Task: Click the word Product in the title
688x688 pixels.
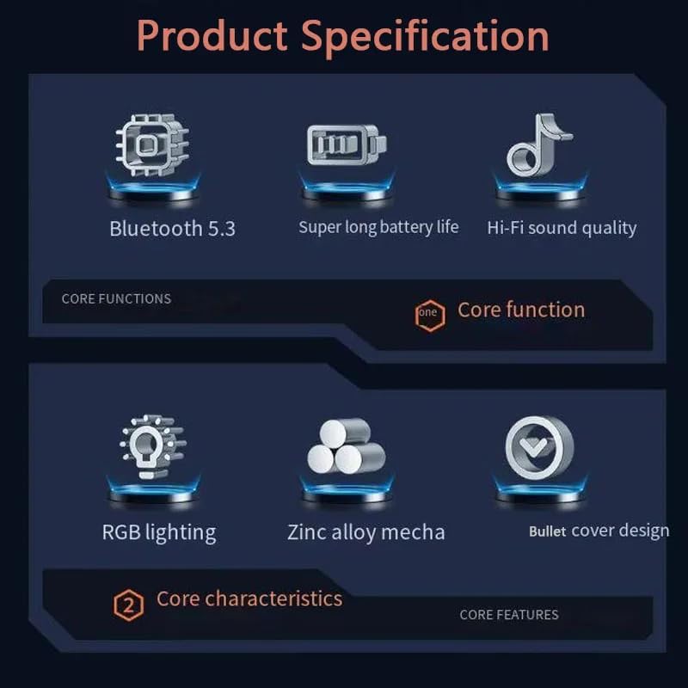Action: (212, 36)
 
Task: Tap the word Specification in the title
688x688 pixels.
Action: (426, 36)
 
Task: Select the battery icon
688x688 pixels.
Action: (346, 144)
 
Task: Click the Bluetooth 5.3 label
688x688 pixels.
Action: (172, 229)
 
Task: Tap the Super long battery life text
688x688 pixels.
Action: (378, 227)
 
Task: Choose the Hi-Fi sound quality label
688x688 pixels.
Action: (562, 228)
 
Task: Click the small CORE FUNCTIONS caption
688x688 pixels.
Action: (116, 299)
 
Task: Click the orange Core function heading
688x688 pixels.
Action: (520, 310)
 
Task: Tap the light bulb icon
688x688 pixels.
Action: (151, 445)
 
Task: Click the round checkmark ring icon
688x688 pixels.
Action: (538, 447)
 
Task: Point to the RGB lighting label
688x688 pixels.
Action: (159, 532)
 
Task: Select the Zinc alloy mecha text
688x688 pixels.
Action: (366, 532)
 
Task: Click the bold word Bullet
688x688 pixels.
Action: (547, 531)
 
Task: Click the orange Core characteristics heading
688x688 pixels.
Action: (249, 599)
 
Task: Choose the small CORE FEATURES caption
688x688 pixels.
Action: (509, 615)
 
